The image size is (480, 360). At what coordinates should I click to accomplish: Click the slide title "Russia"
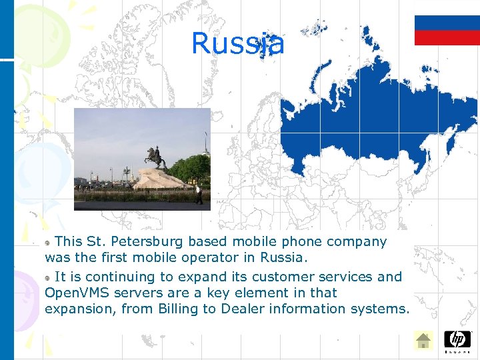[237, 43]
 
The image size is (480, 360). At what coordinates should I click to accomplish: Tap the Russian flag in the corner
[447, 30]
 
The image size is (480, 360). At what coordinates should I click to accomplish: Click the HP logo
[457, 340]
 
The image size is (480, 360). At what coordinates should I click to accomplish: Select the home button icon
[423, 341]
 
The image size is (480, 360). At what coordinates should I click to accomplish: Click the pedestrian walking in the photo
[198, 194]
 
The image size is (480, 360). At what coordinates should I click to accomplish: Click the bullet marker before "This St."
[48, 242]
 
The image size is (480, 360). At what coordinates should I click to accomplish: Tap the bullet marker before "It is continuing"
[48, 277]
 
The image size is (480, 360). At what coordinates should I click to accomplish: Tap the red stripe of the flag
[447, 38]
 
